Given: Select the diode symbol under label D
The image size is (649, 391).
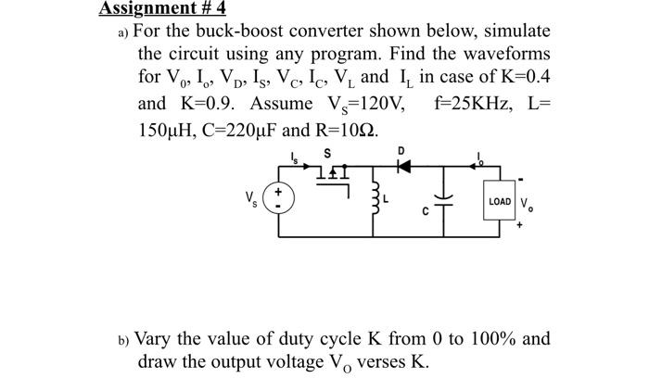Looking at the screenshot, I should (401, 165).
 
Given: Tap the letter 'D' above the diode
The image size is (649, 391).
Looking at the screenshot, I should (401, 148).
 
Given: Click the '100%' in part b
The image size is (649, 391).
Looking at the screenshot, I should (489, 338).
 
